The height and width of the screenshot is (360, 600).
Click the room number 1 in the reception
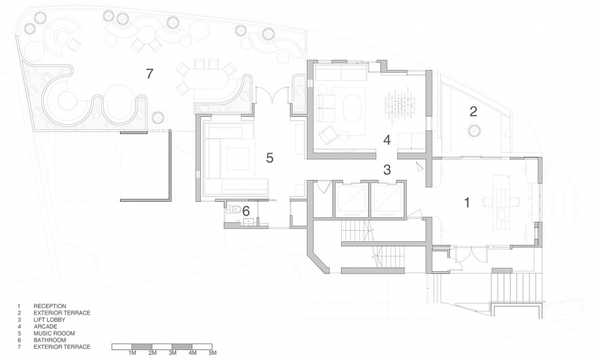coord(466,202)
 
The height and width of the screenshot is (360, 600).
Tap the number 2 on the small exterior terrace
coord(473,111)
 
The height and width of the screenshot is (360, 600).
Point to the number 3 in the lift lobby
coord(387,169)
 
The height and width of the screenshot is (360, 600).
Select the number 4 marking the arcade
coord(387,140)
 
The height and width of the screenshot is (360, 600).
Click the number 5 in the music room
coord(270,158)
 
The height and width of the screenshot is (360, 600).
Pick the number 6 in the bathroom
coord(246,211)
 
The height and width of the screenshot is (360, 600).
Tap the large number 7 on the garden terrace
coord(149,74)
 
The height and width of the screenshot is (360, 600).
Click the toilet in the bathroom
coord(234,209)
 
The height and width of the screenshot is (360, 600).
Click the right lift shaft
coord(387,201)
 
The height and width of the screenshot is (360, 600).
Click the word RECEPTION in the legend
coord(50,306)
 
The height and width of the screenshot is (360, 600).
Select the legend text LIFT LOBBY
coord(49,320)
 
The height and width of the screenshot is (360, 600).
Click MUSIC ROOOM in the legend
coord(54,333)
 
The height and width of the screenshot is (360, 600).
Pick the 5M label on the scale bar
coord(212,352)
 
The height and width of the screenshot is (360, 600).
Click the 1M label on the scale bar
coord(132,352)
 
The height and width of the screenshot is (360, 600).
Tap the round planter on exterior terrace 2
coord(474,131)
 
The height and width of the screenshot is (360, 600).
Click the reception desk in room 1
coord(501,201)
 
